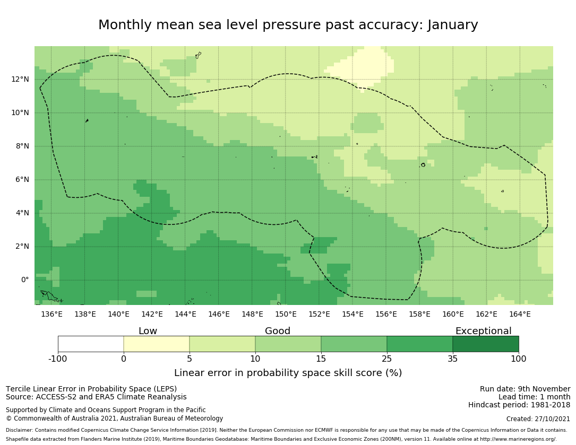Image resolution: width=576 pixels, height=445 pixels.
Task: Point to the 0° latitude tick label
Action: [x=25, y=280]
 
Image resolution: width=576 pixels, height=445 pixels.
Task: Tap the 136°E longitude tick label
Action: [x=51, y=314]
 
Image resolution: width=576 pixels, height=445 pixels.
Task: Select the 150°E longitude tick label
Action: [x=286, y=314]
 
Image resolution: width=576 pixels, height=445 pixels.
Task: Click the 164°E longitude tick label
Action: [x=520, y=314]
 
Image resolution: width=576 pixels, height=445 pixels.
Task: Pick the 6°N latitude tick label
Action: [x=21, y=180]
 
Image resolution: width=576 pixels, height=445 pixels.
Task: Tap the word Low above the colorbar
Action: [x=148, y=331]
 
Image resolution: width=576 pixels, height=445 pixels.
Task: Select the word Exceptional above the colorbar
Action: [x=483, y=331]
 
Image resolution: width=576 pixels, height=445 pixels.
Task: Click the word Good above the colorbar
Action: [x=278, y=331]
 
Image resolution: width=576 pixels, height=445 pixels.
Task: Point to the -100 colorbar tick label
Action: [x=58, y=359]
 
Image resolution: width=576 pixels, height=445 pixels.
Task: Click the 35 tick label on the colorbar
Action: [x=453, y=359]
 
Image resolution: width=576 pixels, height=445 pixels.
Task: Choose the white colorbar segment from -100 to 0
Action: [x=91, y=344]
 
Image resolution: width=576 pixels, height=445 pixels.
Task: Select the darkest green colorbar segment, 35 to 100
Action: [x=486, y=344]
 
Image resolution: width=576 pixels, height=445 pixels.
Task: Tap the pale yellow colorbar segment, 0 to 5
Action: [x=157, y=344]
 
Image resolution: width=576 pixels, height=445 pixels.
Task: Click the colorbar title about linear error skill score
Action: [x=288, y=373]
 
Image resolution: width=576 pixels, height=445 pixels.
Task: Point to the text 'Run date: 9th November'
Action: [x=525, y=389]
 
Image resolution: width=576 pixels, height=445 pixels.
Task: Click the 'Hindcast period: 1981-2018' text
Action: [x=519, y=405]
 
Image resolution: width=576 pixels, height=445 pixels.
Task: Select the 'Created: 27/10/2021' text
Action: [x=538, y=419]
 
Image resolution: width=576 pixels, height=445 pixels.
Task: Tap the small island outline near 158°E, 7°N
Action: [x=423, y=165]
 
